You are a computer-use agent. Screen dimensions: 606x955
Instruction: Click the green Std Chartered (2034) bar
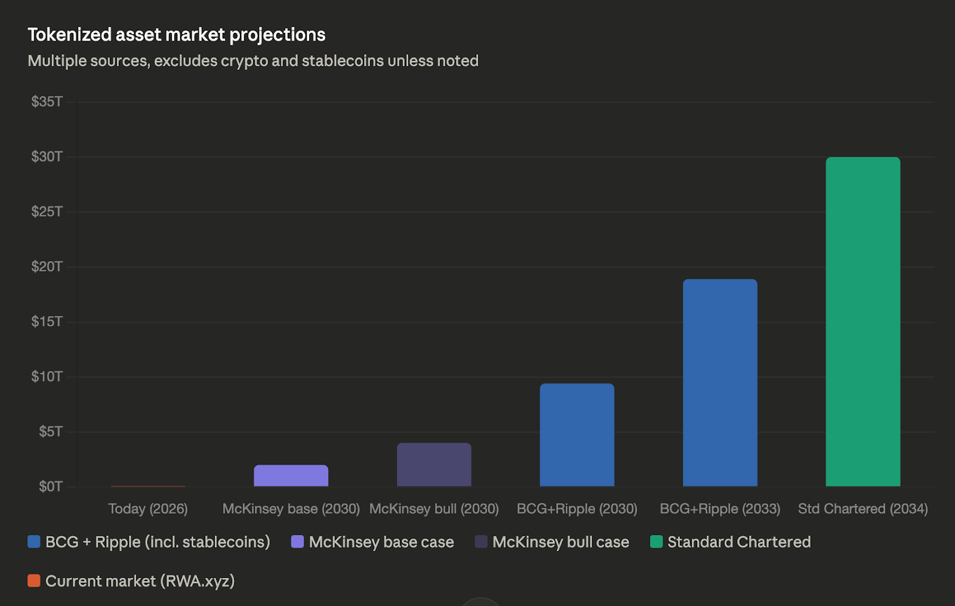pyautogui.click(x=862, y=322)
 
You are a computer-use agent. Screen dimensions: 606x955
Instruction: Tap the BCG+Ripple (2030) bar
pyautogui.click(x=577, y=435)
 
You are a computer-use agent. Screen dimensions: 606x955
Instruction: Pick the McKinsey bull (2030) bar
pyautogui.click(x=434, y=465)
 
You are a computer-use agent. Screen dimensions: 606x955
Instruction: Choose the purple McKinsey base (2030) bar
pyautogui.click(x=291, y=475)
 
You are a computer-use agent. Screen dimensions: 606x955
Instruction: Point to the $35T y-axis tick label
pyautogui.click(x=47, y=102)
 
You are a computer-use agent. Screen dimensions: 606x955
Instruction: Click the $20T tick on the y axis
pyautogui.click(x=47, y=267)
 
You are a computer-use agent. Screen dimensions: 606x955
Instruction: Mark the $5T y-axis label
pyautogui.click(x=50, y=431)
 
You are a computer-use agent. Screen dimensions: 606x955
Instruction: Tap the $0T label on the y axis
pyautogui.click(x=50, y=487)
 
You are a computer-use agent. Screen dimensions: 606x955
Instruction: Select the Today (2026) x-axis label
pyautogui.click(x=148, y=509)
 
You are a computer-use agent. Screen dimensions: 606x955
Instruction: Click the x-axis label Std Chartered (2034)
pyautogui.click(x=862, y=509)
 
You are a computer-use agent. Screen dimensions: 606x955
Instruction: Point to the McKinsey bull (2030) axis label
pyautogui.click(x=434, y=509)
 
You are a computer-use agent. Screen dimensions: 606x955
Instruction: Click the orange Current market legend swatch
pyautogui.click(x=34, y=580)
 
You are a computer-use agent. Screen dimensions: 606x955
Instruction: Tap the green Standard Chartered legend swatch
pyautogui.click(x=657, y=542)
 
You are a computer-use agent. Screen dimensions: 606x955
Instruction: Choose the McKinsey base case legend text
pyautogui.click(x=381, y=542)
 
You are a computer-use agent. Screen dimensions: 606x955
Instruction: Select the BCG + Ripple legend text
pyautogui.click(x=158, y=542)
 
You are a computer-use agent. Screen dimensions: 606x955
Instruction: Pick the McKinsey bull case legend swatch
pyautogui.click(x=481, y=542)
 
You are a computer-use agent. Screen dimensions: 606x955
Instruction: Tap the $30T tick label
pyautogui.click(x=47, y=157)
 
